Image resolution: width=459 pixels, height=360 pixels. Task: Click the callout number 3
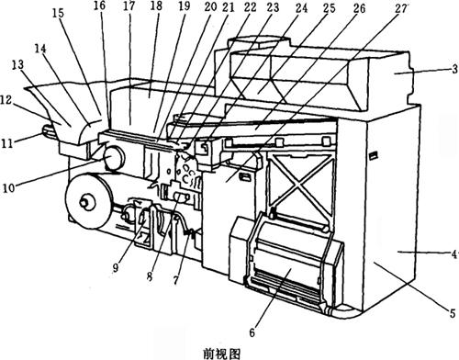pos(455,69)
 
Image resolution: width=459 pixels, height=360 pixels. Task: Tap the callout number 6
pos(252,332)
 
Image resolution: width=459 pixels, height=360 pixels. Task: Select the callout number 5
pos(453,313)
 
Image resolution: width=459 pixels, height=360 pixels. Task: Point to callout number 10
pos(8,187)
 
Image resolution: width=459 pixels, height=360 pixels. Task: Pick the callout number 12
pos(6,101)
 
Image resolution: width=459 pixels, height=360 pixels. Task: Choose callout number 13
pos(17,65)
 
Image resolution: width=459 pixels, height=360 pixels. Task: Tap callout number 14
pos(39,49)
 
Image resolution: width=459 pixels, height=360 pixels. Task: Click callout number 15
pos(58,14)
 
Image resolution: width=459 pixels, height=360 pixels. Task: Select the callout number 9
pos(116,267)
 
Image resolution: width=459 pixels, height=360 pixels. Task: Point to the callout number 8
pos(150,276)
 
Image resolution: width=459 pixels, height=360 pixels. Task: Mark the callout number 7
pos(175,279)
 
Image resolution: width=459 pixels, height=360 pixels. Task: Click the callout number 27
pos(401,9)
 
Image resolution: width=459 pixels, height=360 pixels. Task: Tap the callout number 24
pos(301,8)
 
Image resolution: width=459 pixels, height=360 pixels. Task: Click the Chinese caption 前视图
pos(221,354)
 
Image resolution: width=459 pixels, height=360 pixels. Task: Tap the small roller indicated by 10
pos(114,158)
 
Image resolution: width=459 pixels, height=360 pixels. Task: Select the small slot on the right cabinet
pos(373,155)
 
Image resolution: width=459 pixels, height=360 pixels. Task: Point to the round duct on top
pos(259,42)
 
